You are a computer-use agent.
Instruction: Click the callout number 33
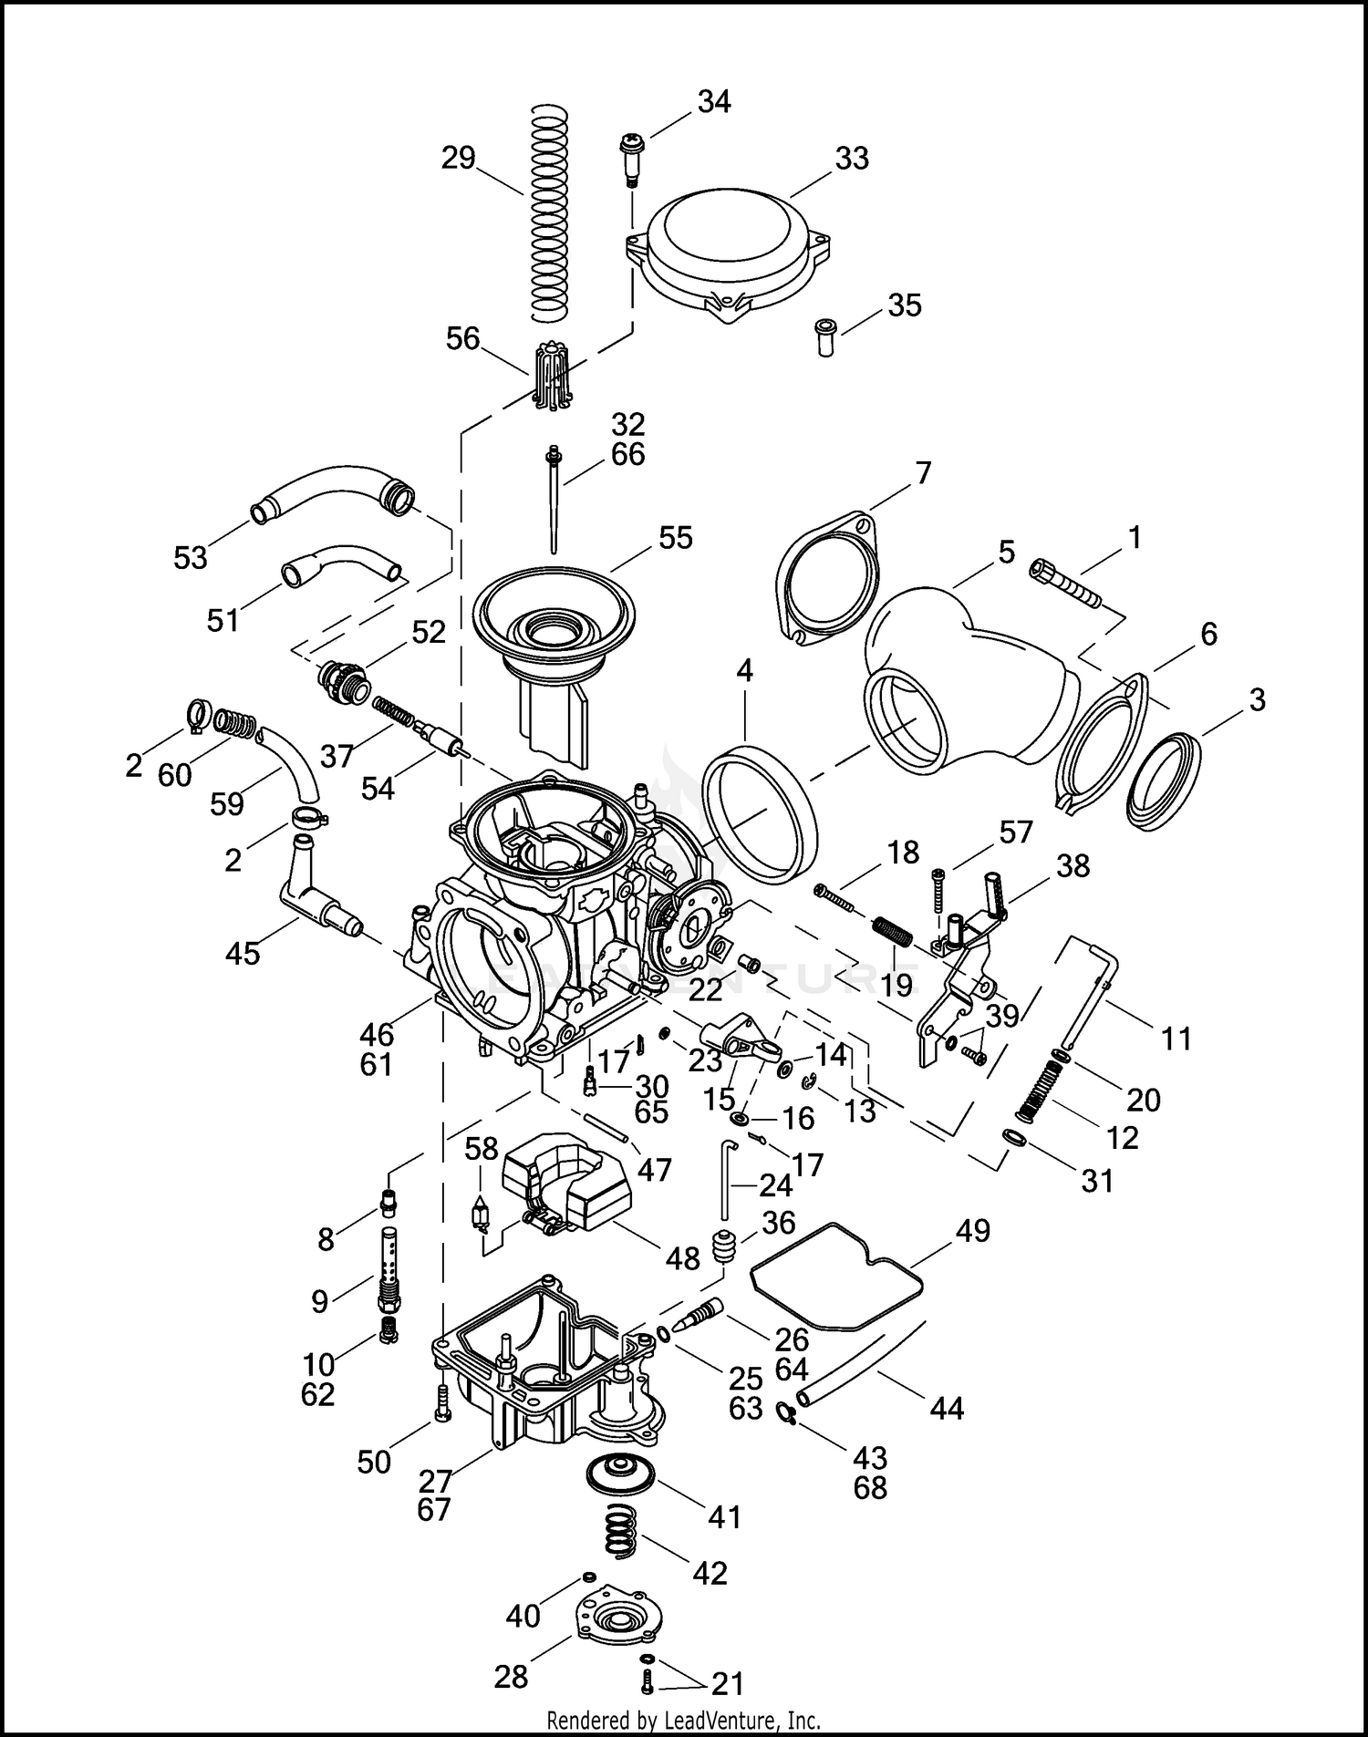(x=852, y=159)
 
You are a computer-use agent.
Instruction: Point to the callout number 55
(x=675, y=538)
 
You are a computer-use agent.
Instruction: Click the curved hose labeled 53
(x=333, y=497)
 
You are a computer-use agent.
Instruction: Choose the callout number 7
(x=923, y=473)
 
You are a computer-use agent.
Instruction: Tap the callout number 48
(x=682, y=1259)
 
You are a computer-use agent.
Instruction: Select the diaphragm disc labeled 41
(x=622, y=1475)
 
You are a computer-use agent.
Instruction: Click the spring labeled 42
(x=621, y=1531)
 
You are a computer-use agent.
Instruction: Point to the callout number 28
(x=511, y=1676)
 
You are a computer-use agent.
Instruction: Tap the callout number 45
(x=243, y=954)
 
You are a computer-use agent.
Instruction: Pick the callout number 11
(x=1176, y=1039)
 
